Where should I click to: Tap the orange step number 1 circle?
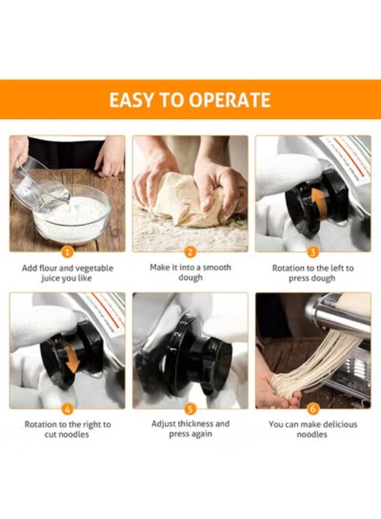pos(67,252)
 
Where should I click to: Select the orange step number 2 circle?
pos(190,252)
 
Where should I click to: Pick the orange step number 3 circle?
pos(313,252)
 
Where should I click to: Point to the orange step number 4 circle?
pos(67,409)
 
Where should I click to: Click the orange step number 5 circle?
pos(190,409)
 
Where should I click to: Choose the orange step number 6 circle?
pos(313,409)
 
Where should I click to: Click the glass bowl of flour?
pos(72,216)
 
